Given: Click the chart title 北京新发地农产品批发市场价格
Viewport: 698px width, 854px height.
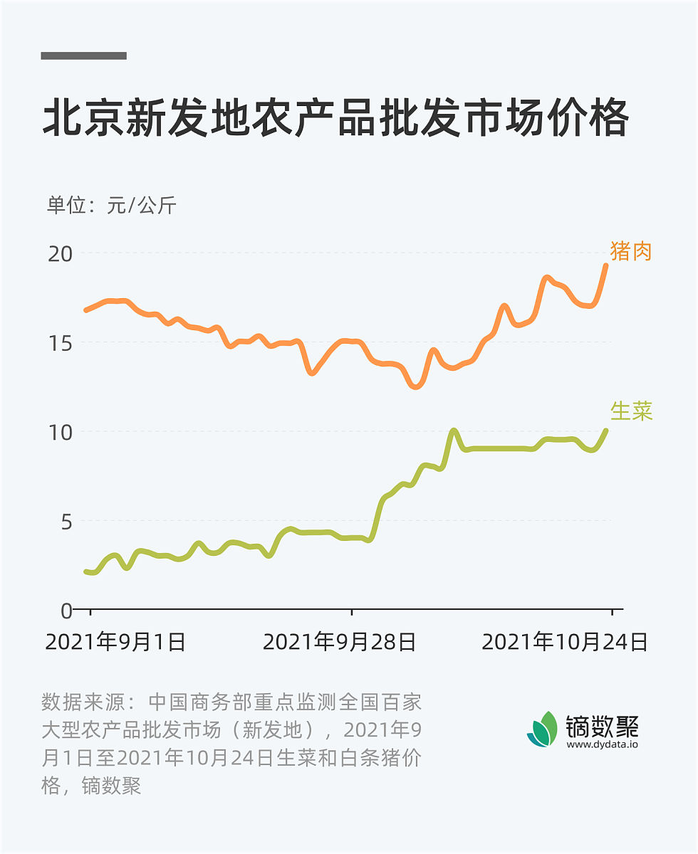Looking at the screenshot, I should (335, 118).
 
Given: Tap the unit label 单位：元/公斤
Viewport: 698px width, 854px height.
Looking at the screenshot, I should (111, 206).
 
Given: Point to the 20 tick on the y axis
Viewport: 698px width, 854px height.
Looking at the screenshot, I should (60, 253).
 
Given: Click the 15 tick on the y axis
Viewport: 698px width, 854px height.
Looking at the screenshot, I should (60, 342).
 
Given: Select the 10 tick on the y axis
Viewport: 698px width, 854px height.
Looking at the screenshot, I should (60, 432).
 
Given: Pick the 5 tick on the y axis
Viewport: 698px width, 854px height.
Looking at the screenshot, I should (66, 521).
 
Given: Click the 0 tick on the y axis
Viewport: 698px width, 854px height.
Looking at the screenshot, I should (66, 610).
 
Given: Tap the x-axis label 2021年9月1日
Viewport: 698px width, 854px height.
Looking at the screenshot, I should (115, 642).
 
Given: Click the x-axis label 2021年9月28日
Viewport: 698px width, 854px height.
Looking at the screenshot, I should (340, 642).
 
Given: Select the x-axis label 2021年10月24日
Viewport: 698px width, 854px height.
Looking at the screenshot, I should (565, 642).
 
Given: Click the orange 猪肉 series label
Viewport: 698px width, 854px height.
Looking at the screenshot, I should (631, 251).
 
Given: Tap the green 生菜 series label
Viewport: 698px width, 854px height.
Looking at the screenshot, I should (631, 411).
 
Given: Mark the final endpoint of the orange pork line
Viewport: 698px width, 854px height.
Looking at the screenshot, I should (606, 265).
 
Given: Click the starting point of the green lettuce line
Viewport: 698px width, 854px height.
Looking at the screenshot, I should (86, 571).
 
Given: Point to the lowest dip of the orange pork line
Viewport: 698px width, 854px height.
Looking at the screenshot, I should (416, 386).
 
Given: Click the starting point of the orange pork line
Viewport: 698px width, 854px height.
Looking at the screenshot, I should (86, 310).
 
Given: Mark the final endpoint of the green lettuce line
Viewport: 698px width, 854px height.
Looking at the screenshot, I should (606, 431).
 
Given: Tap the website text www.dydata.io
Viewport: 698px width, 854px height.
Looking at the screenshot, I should (603, 744).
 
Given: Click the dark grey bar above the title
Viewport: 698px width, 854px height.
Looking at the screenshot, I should (84, 56).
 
